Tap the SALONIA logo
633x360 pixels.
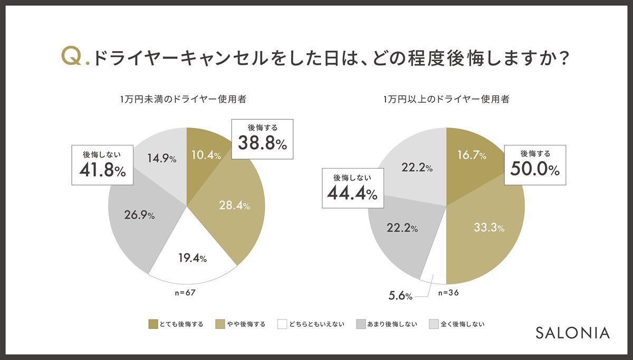click(572, 333)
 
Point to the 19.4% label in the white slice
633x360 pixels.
click(191, 258)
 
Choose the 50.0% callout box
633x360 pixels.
click(535, 164)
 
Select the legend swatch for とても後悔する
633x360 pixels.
click(154, 324)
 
